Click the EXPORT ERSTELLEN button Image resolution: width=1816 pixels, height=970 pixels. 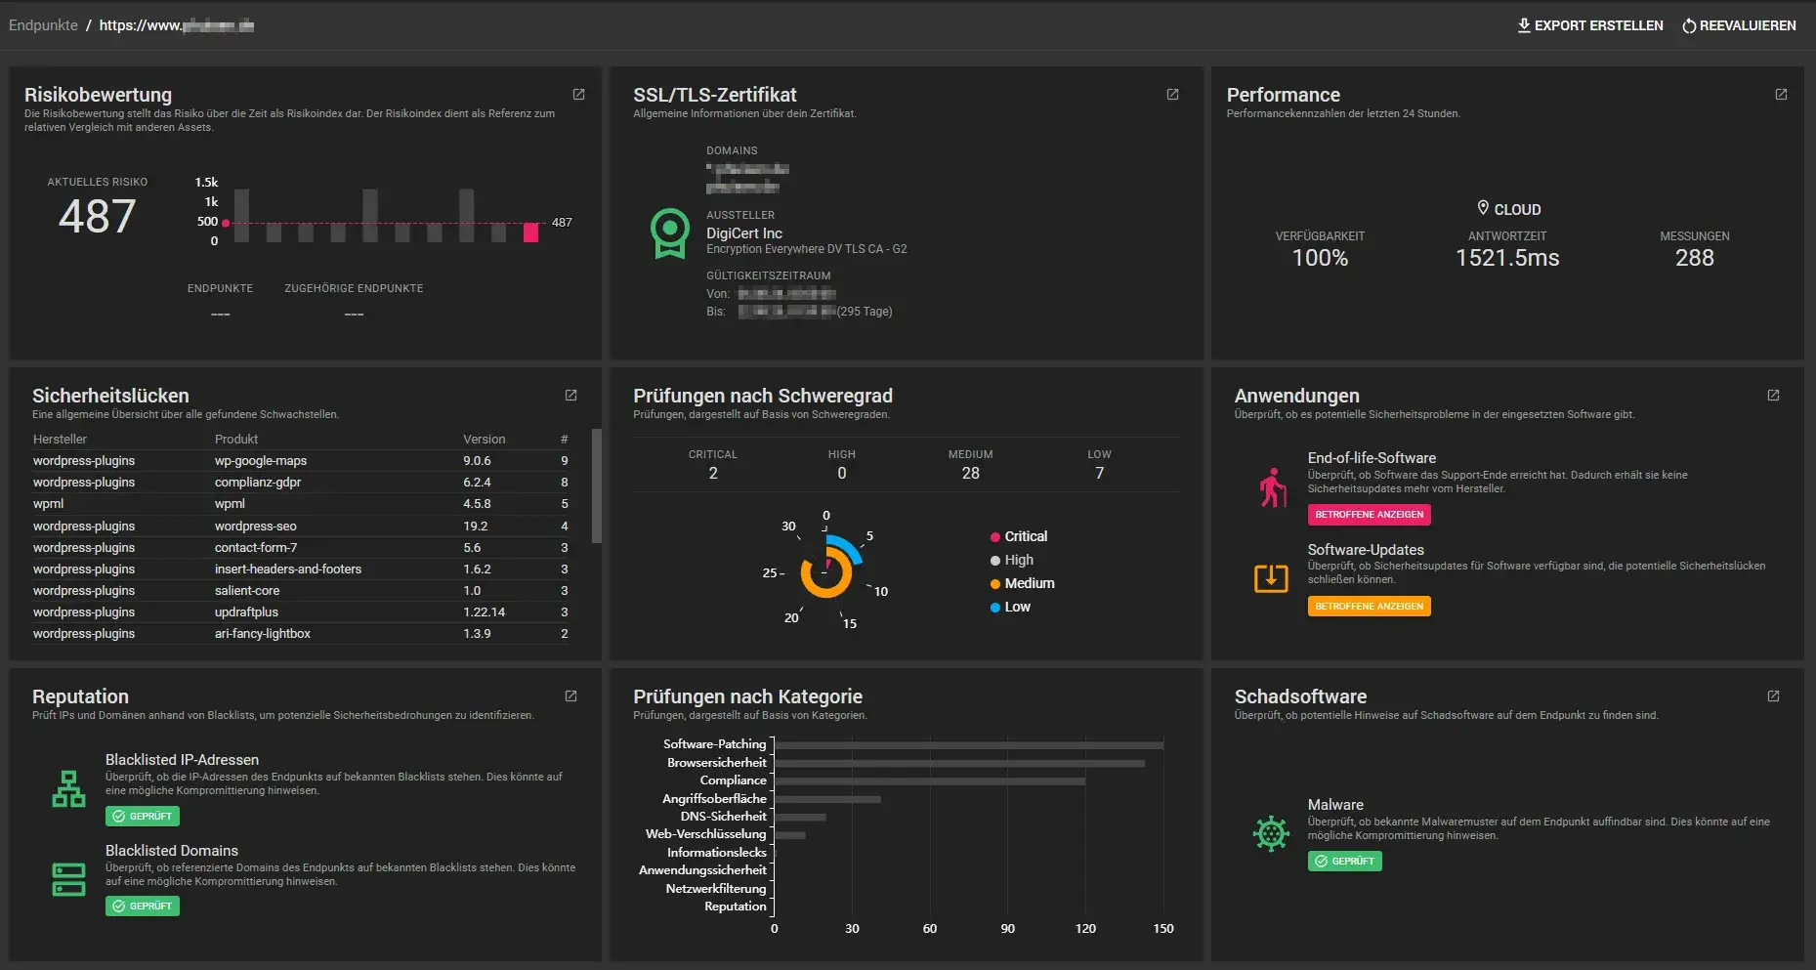point(1589,25)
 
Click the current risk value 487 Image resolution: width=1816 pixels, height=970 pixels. point(97,216)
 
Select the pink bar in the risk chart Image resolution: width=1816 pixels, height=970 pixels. point(530,232)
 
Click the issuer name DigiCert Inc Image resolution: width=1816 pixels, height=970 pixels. point(743,233)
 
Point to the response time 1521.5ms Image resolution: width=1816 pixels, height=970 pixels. point(1506,258)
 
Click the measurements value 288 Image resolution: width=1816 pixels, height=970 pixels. point(1694,258)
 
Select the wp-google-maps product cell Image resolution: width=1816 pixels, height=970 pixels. point(261,461)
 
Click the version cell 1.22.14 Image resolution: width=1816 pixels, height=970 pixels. point(484,612)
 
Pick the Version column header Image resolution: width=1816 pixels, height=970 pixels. point(484,440)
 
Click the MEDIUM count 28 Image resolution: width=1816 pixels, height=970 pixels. point(970,473)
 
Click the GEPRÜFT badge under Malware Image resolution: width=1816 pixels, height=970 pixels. point(1344,862)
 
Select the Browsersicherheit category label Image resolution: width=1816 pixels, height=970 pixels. point(717,763)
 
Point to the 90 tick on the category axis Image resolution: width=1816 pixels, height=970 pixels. point(1007,929)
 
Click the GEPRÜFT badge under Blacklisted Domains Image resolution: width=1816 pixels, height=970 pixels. point(143,907)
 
